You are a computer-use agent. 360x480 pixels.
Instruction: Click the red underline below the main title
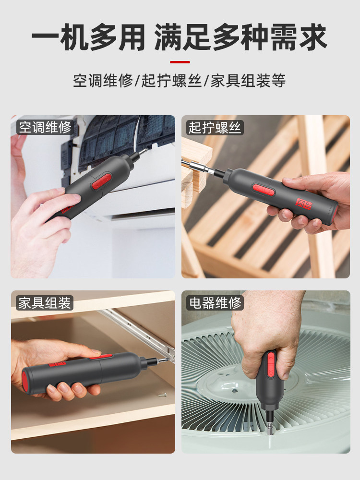pos(180,62)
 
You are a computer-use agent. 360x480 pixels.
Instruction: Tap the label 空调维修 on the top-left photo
pos(45,127)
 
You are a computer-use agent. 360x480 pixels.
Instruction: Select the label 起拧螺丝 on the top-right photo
pos(215,127)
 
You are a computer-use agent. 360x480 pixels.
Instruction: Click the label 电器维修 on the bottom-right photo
pos(215,303)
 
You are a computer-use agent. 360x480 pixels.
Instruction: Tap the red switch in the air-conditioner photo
pos(101,181)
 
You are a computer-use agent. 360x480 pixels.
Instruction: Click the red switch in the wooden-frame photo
pos(263,190)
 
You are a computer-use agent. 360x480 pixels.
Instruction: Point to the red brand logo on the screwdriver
pos(304,204)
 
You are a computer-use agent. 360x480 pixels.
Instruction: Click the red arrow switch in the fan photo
pos(271,364)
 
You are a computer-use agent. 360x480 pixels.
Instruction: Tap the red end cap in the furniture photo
pos(25,382)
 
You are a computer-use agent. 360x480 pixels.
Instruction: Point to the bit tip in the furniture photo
pos(163,360)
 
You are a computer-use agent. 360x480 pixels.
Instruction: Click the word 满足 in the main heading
pos(182,37)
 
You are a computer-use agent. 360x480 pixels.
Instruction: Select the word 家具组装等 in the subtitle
pos(248,81)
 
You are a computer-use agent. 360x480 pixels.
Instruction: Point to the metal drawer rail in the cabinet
pos(138,334)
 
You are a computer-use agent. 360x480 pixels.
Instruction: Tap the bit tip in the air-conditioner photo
pos(143,151)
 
